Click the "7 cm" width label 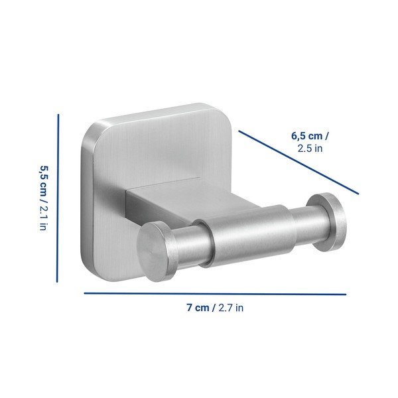pos(198,308)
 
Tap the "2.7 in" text pos(231,308)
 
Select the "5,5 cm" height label pos(43,180)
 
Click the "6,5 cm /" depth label pos(310,136)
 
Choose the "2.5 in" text pos(310,149)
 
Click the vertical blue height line pos(58,198)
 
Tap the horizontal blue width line pos(215,294)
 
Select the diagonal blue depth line pos(298,163)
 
